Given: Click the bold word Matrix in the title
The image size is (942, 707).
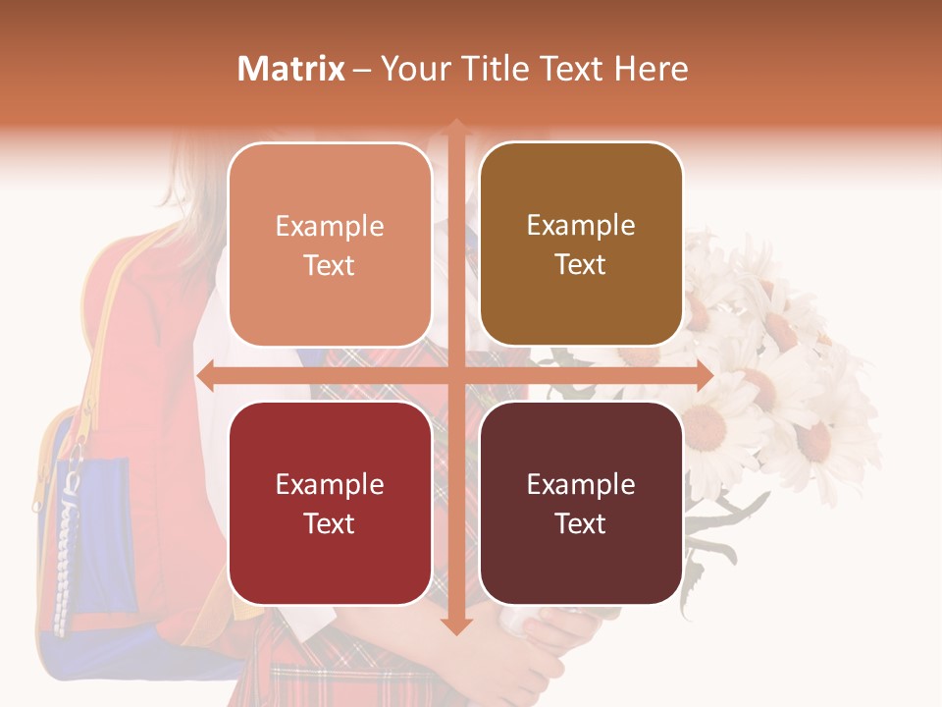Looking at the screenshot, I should click(291, 69).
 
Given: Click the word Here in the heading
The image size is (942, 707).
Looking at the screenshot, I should click(652, 69).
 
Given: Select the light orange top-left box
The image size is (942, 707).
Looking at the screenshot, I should click(330, 245).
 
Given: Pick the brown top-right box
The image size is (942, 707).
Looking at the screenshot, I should click(581, 245).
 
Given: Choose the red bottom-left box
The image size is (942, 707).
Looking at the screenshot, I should click(330, 504).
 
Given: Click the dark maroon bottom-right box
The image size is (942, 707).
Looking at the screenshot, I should click(581, 504).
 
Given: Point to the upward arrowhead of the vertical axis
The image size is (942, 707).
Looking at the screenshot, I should click(455, 127).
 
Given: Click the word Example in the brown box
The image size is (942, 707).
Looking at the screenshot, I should click(581, 226).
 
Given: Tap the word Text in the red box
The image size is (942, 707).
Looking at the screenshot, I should click(330, 523).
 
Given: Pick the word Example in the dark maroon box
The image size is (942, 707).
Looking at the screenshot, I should click(581, 484).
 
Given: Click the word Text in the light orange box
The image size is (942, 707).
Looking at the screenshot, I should click(330, 265).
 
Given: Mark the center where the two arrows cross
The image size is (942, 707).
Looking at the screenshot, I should click(455, 375).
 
